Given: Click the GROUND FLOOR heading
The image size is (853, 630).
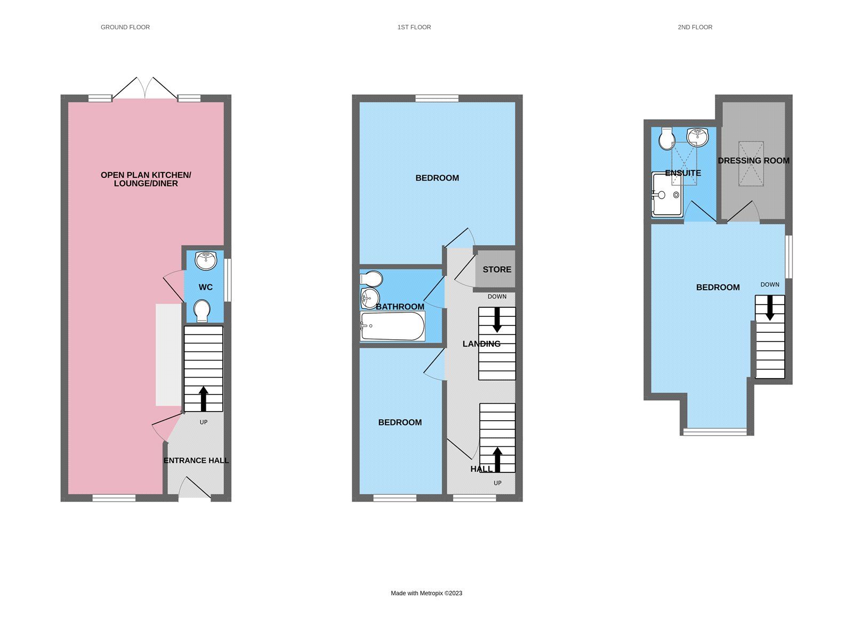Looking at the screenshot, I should pyautogui.click(x=125, y=27).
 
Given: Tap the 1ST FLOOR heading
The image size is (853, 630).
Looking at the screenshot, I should pyautogui.click(x=414, y=27).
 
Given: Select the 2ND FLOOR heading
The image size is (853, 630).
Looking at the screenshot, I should pyautogui.click(x=695, y=27).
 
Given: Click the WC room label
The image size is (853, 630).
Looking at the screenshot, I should pyautogui.click(x=206, y=288).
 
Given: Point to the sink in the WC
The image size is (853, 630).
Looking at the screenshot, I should pyautogui.click(x=206, y=260).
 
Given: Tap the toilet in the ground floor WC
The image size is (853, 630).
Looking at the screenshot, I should pyautogui.click(x=202, y=310).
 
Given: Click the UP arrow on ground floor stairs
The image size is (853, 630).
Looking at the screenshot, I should pyautogui.click(x=203, y=398).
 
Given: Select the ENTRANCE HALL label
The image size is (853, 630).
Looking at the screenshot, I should pyautogui.click(x=196, y=461).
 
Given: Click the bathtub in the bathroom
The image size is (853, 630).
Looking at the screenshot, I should pyautogui.click(x=392, y=326).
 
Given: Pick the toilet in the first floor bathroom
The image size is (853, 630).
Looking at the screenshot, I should pyautogui.click(x=372, y=279).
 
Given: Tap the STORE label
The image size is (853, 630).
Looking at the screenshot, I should pyautogui.click(x=497, y=269).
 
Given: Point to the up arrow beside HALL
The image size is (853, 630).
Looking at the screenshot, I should pyautogui.click(x=497, y=459).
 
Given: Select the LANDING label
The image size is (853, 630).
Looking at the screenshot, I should pyautogui.click(x=481, y=344).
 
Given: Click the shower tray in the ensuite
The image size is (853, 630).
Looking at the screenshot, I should pyautogui.click(x=667, y=194).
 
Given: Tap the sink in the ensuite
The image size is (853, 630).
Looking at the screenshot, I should pyautogui.click(x=697, y=136).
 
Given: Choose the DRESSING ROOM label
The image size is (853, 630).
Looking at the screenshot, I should pyautogui.click(x=753, y=161).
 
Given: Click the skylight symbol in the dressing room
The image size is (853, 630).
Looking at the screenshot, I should pyautogui.click(x=751, y=163).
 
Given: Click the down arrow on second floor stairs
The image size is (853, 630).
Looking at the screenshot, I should pyautogui.click(x=770, y=308).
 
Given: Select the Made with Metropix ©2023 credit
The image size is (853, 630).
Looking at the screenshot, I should pyautogui.click(x=426, y=593).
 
